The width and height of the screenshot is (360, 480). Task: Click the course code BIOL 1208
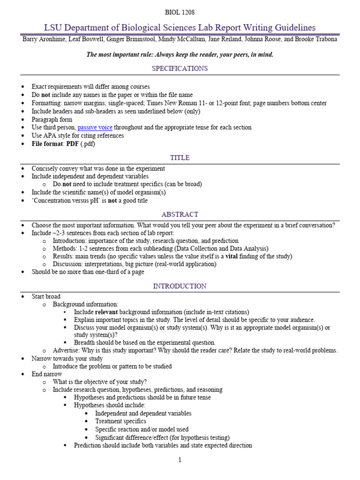tap(180, 13)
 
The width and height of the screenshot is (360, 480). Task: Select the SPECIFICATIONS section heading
tap(180, 68)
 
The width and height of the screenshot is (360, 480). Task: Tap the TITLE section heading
tap(180, 157)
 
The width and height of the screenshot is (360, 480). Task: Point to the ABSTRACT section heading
tap(180, 214)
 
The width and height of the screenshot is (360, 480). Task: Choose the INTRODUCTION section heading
tap(180, 286)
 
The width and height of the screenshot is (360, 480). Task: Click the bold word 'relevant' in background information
tap(106, 312)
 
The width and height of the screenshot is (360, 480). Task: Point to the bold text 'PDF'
tap(73, 144)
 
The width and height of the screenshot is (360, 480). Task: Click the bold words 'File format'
tap(47, 144)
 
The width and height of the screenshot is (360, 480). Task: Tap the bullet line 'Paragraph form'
tap(52, 120)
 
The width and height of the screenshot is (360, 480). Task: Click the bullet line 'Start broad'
tap(46, 297)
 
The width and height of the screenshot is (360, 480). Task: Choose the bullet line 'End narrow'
tap(46, 375)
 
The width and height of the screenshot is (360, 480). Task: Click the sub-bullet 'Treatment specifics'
tap(120, 421)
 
